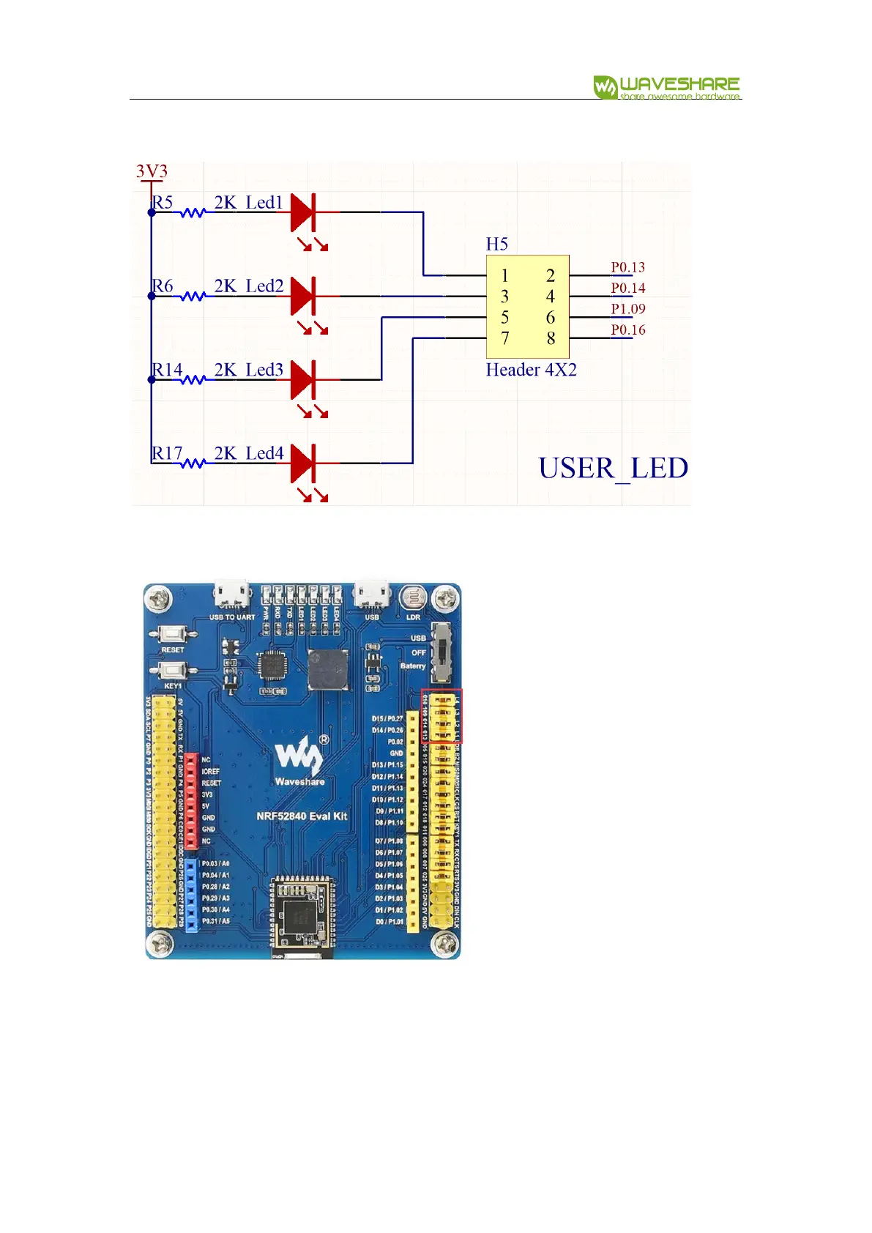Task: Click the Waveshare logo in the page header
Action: point(666,87)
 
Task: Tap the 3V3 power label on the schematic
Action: point(152,171)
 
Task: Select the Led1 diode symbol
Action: point(303,212)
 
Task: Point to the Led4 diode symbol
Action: point(303,463)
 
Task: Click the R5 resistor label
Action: point(163,202)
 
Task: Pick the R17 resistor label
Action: point(167,453)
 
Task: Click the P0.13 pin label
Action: point(627,267)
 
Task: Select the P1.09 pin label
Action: point(627,309)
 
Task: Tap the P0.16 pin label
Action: point(627,329)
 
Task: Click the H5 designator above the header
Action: point(496,244)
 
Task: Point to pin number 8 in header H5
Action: point(551,338)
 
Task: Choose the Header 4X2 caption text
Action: point(531,370)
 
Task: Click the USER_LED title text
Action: point(613,469)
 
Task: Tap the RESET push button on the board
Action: point(172,634)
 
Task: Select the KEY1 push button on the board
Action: point(172,670)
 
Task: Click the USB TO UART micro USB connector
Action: point(231,595)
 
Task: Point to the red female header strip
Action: point(191,800)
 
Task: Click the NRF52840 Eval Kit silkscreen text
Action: point(302,816)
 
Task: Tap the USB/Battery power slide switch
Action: point(441,650)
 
